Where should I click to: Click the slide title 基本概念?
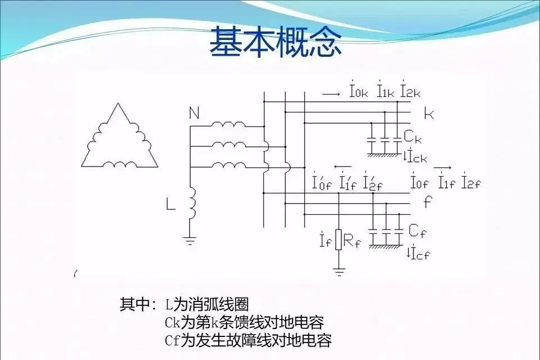tap(276, 42)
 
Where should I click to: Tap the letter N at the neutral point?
tap(194, 114)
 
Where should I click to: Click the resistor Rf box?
tap(339, 240)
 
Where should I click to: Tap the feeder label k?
tap(429, 114)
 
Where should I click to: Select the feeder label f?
tap(427, 201)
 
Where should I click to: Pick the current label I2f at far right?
tap(471, 182)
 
